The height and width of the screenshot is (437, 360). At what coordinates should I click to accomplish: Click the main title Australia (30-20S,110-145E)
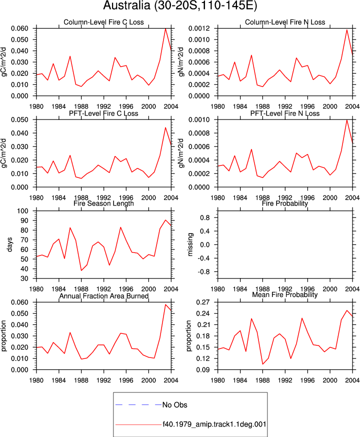180,5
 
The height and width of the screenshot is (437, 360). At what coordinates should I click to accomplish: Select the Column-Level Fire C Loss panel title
103,22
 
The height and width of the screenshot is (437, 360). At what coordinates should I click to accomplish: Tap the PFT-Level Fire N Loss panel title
285,113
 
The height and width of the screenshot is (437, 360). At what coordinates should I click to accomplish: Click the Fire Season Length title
103,203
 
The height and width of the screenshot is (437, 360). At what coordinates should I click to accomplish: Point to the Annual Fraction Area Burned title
103,296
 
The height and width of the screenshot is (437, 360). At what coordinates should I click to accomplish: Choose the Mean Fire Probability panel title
285,294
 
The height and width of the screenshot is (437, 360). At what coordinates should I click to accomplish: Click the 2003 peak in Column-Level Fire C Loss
165,28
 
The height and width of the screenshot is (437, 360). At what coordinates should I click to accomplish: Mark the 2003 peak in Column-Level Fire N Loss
347,30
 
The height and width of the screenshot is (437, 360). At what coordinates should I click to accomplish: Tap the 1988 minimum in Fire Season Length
81,270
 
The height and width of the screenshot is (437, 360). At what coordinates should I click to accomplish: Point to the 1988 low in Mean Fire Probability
262,364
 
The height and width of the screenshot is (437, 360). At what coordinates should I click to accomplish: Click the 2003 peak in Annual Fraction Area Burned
165,304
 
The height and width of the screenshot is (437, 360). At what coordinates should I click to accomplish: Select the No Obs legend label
174,404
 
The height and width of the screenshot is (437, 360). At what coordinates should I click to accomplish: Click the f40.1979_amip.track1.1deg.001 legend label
214,424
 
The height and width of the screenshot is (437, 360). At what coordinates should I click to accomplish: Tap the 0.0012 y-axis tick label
199,28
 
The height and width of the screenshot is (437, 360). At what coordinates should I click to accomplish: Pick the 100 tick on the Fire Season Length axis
22,211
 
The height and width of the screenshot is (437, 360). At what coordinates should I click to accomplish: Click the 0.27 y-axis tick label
203,302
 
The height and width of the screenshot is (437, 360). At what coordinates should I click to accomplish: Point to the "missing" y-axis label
190,244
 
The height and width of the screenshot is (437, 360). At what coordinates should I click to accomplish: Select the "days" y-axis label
9,244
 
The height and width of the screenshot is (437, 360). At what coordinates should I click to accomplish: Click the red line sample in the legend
138,424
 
